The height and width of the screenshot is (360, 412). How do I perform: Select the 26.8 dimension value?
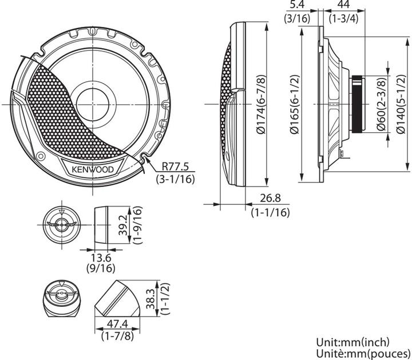pyautogui.click(x=270, y=200)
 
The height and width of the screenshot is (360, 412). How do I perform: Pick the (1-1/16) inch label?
pyautogui.click(x=270, y=212)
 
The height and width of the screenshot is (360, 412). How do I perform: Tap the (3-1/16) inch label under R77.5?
pyautogui.click(x=176, y=179)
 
